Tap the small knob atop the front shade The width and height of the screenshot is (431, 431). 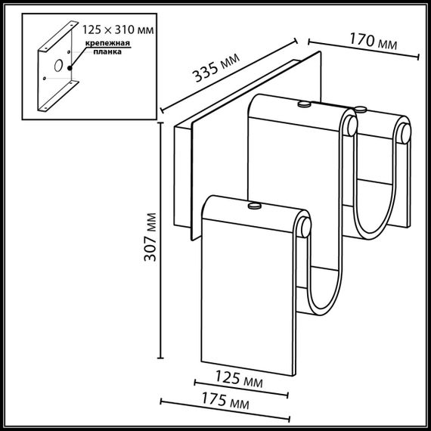pyautogui.click(x=254, y=203)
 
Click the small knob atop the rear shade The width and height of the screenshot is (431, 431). pyautogui.click(x=304, y=103)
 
